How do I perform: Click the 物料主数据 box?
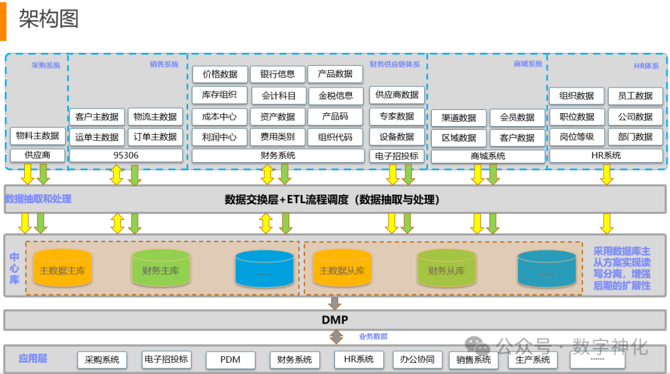click(37, 135)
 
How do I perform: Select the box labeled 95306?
click(126, 155)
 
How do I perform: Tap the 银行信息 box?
click(277, 74)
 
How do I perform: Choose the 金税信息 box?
click(336, 96)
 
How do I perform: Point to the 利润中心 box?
click(219, 137)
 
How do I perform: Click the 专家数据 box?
click(396, 116)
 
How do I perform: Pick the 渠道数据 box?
click(459, 117)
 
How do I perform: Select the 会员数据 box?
click(517, 117)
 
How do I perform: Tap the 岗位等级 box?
click(577, 137)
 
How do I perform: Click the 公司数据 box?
click(635, 116)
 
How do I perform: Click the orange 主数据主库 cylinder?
click(62, 270)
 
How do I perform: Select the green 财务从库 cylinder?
click(446, 270)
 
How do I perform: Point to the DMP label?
click(334, 320)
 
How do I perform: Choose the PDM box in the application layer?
click(230, 359)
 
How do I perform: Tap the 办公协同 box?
click(417, 359)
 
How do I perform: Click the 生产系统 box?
click(533, 359)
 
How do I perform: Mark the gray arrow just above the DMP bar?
click(335, 303)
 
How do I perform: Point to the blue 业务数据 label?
click(373, 336)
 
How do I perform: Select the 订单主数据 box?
click(155, 137)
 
